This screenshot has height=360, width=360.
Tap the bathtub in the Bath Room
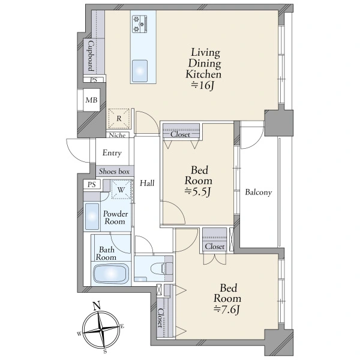tap(110, 274)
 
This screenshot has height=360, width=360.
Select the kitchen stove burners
tap(139, 23)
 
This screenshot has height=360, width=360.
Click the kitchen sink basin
tap(139, 71)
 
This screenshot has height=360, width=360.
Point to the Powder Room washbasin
tap(92, 217)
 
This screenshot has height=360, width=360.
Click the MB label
tap(91, 100)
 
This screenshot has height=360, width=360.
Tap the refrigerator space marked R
tap(119, 118)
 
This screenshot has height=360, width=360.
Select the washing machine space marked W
tap(121, 190)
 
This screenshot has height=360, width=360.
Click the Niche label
tap(118, 135)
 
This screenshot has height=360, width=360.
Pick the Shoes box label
tap(114, 171)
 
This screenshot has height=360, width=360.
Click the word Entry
tap(112, 153)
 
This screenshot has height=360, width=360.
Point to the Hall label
tap(147, 183)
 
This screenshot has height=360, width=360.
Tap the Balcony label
tap(258, 192)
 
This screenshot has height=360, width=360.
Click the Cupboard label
tap(91, 56)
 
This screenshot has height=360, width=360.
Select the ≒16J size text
tap(203, 85)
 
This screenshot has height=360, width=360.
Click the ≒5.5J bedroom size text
tap(197, 192)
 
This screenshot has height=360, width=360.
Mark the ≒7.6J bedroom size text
tap(227, 310)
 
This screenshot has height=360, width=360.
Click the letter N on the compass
tap(97, 306)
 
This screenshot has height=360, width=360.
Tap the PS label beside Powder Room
tap(91, 184)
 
